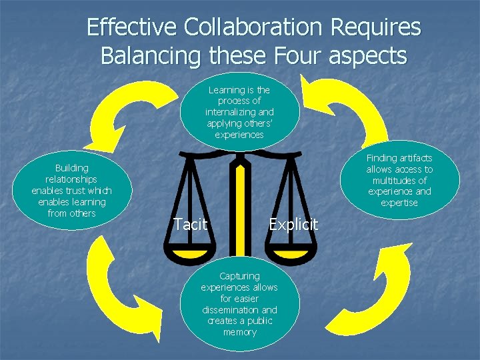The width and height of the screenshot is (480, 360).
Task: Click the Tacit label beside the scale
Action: [190, 225]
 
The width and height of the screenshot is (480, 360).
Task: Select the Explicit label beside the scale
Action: [293, 225]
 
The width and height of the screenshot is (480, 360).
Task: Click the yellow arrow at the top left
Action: [126, 113]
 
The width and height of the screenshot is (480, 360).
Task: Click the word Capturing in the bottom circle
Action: [239, 276]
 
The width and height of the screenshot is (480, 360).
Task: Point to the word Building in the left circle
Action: [71, 168]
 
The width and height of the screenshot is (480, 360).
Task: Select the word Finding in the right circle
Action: [381, 158]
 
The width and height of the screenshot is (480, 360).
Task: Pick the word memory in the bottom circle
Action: [239, 332]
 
